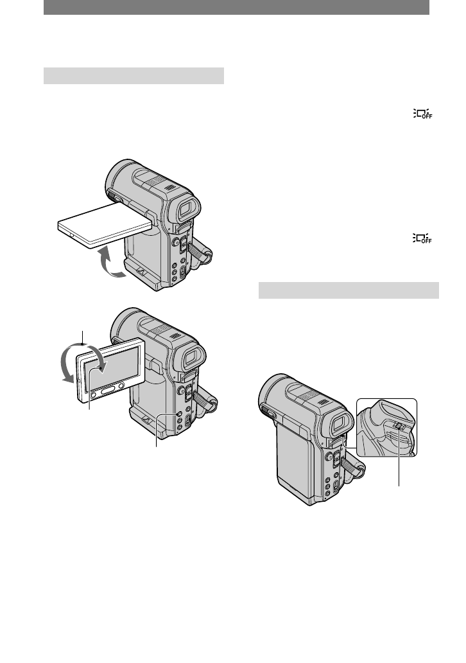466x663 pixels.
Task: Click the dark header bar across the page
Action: coord(236,7)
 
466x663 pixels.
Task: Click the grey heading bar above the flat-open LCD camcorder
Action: coord(134,76)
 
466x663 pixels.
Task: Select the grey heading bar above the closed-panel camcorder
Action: coord(349,290)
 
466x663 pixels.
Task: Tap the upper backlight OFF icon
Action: coord(423,114)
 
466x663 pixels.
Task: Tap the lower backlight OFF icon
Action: coord(423,238)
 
